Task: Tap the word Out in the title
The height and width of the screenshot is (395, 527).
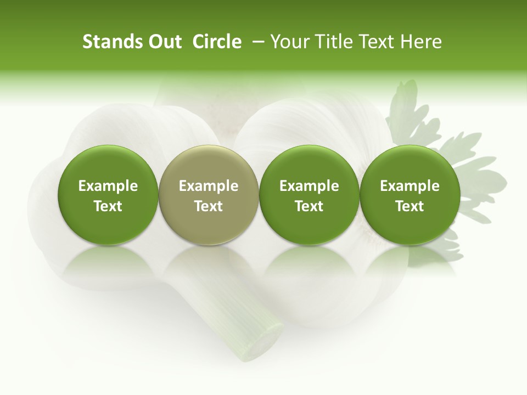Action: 163,42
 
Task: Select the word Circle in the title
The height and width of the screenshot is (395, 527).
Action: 217,42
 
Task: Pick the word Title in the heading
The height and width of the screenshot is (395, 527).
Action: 333,42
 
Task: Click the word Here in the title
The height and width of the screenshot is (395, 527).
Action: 421,42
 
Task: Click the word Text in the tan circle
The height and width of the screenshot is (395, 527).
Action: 209,206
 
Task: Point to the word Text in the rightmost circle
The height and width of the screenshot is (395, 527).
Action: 410,206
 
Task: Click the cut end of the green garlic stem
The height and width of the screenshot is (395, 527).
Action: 263,343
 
